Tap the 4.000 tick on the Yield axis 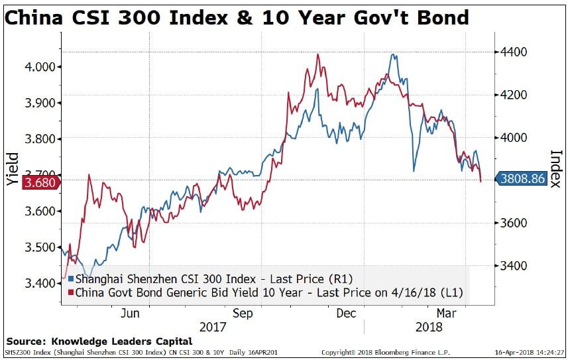40,66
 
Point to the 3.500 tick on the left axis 40,247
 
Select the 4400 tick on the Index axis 514,52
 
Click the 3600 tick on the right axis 514,223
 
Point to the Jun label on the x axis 130,313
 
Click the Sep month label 243,313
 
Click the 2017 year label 213,327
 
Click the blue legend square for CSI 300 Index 70,278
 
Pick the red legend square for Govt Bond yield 70,292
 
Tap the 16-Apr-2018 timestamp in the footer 530,353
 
